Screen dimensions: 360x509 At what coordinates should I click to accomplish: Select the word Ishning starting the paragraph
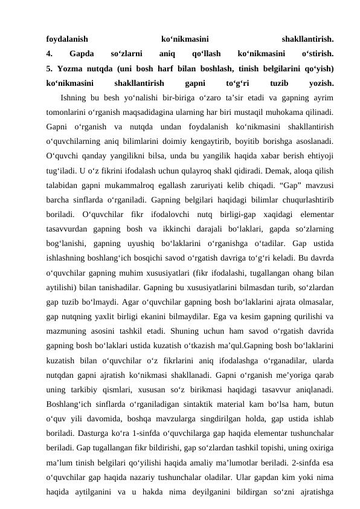click(x=76, y=98)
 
